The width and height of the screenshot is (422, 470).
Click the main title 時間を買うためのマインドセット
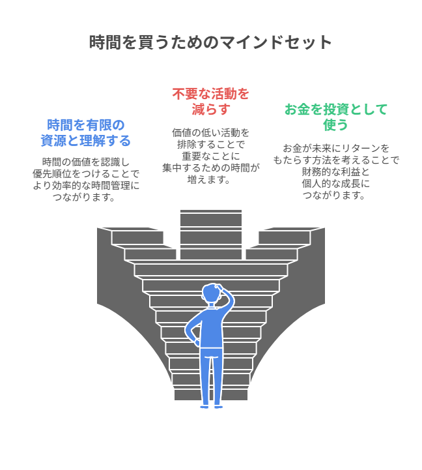tap(210, 42)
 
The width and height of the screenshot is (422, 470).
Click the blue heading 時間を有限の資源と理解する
tap(85, 132)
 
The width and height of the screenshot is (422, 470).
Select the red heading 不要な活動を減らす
tap(210, 101)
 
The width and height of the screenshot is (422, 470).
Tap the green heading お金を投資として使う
tap(335, 117)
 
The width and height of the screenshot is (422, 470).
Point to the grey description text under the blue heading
tap(85, 179)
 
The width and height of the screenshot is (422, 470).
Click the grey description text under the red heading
tap(210, 156)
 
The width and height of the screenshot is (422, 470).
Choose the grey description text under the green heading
tap(335, 171)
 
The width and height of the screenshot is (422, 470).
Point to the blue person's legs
tap(211, 378)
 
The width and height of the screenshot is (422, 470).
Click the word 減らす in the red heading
tap(210, 109)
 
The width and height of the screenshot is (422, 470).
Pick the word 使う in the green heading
tap(335, 125)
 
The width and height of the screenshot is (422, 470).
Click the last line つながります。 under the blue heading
tap(85, 197)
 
